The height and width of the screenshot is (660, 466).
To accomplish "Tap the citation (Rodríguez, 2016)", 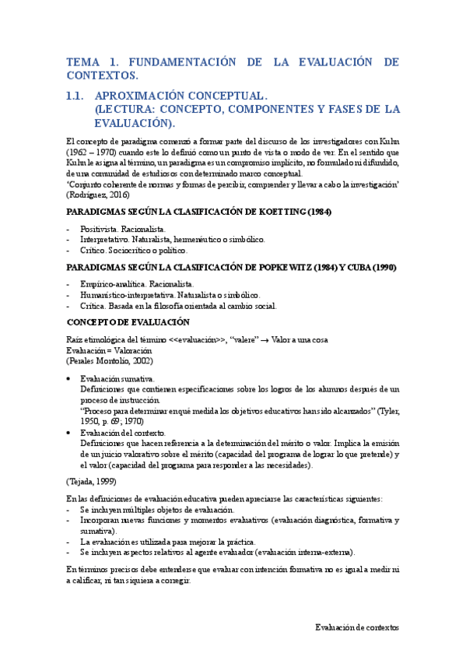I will [x=99, y=194].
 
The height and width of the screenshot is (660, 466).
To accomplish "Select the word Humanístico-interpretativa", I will [x=128, y=295].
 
